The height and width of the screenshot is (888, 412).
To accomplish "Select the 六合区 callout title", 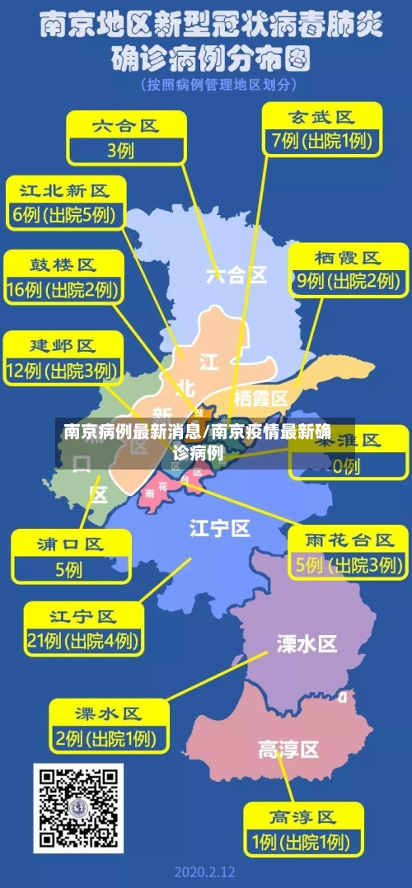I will point(124,126).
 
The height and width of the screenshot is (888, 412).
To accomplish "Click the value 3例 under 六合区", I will point(120,150).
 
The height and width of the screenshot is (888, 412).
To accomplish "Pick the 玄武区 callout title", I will point(321,116).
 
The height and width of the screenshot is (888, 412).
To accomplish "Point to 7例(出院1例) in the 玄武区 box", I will point(322,141).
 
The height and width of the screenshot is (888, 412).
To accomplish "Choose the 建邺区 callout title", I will point(63,344).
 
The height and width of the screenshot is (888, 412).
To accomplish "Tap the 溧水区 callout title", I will point(108,713).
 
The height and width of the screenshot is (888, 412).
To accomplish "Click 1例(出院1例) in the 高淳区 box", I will point(302,842).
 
